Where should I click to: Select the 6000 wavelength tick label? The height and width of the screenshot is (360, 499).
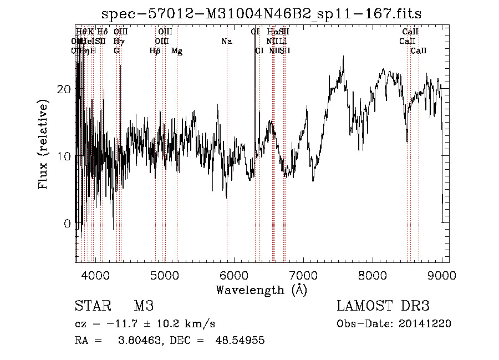233,275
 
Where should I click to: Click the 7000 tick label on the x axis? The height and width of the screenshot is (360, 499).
303,275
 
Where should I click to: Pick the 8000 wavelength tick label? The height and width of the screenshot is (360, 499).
372,275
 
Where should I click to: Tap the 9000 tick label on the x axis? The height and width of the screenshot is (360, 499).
441,275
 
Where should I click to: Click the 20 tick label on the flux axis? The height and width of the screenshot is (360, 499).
64,89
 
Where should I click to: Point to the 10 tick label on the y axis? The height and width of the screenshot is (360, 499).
64,156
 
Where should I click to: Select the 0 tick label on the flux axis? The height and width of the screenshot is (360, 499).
67,224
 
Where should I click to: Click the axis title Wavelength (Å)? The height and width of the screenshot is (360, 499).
261,290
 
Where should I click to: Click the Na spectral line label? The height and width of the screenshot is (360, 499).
226,41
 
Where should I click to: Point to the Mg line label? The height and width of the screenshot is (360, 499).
177,50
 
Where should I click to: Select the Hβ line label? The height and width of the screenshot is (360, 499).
155,50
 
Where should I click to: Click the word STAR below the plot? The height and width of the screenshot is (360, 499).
90,306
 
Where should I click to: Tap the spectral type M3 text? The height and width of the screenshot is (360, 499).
143,306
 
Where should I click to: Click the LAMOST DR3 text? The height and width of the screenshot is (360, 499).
383,306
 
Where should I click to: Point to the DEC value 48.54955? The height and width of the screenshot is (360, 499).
240,341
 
